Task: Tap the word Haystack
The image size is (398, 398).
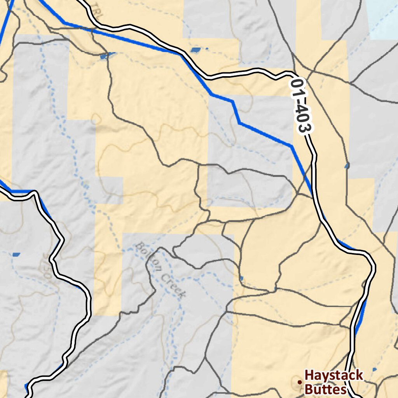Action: point(334,375)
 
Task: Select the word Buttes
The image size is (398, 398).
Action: point(325,389)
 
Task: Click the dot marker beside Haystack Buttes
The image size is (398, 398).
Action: point(299,382)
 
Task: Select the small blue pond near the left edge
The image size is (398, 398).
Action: point(16,255)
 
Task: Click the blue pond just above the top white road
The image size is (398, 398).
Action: point(196,50)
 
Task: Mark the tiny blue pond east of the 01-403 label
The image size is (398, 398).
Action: point(347,166)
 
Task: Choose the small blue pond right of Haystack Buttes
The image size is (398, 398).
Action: point(374,369)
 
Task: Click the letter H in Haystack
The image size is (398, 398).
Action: point(310,375)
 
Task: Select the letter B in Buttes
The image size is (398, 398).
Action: point(309,389)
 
